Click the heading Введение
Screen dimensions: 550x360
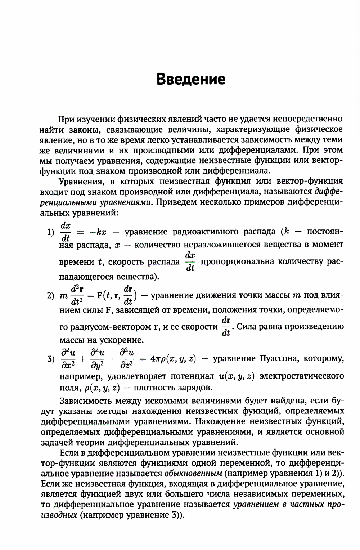(x=191, y=79)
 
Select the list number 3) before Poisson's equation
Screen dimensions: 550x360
(x=51, y=359)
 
